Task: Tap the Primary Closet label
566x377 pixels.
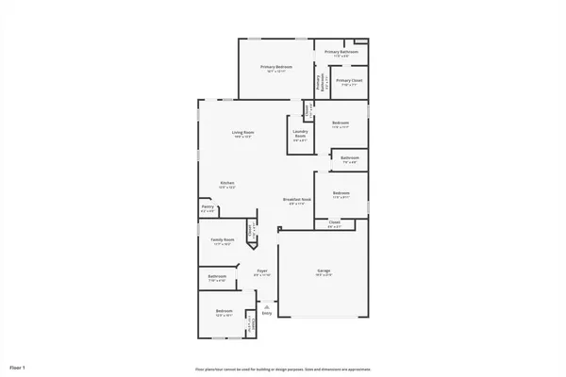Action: (x=348, y=81)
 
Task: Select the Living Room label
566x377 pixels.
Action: (x=243, y=132)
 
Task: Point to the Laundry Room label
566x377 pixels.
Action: (x=300, y=134)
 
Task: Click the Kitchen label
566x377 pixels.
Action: (x=227, y=183)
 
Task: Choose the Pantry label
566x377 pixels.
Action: (x=207, y=208)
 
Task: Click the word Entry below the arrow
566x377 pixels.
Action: (x=267, y=313)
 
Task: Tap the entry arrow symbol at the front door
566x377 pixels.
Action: (x=267, y=305)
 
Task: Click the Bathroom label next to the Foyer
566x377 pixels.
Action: (x=217, y=276)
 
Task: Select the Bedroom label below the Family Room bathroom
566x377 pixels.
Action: (x=224, y=311)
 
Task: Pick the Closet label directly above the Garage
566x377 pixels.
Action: (x=335, y=222)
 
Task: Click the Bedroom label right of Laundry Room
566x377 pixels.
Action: (x=341, y=123)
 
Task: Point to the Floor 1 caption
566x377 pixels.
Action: (x=17, y=366)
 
